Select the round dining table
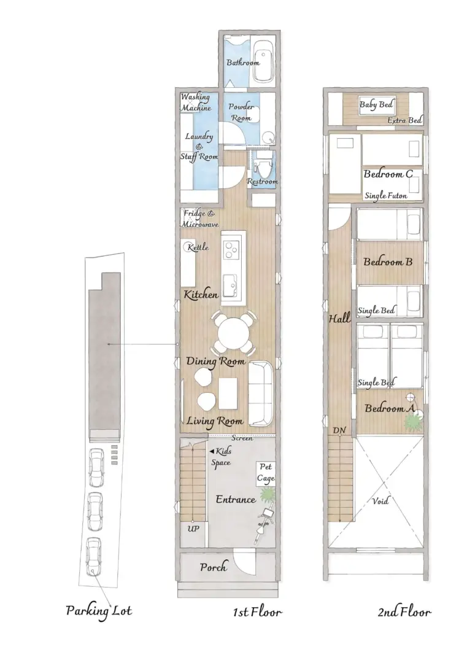pos(233,332)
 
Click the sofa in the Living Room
pos(261,394)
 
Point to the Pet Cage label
pos(266,473)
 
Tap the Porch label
pos(214,567)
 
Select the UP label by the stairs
pos(193,529)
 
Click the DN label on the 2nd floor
pos(339,430)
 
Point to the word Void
pos(380,501)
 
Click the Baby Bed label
pos(376,104)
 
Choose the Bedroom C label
pos(388,174)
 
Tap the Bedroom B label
pos(388,262)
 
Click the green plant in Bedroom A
pos(411,422)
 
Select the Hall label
pos(340,318)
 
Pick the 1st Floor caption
pos(257,612)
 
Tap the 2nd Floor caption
pos(404,612)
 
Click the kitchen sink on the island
pos(230,286)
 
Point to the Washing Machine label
pos(196,103)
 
